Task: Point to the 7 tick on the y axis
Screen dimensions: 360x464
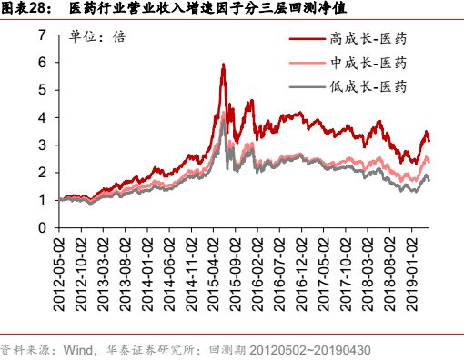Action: [x=42, y=35]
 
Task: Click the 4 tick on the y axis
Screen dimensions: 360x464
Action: [x=42, y=117]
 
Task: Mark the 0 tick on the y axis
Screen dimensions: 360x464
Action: [x=42, y=226]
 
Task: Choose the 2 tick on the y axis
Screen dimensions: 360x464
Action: [x=42, y=172]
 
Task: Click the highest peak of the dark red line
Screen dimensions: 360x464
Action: [x=223, y=65]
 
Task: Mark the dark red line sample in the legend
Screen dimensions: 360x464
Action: [x=308, y=39]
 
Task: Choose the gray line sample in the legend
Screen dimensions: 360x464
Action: [x=308, y=86]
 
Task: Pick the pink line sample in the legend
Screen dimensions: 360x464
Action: [x=308, y=63]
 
